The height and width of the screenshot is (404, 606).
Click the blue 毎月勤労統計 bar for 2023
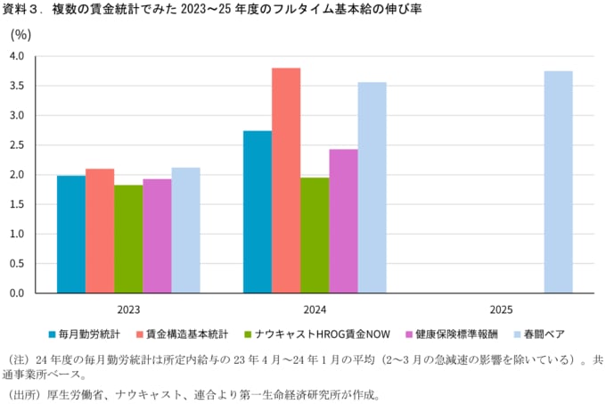71,234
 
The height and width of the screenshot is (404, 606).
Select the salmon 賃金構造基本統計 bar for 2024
286,180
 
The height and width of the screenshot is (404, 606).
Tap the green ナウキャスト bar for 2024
315,235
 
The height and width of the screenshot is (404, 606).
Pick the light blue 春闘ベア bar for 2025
558,182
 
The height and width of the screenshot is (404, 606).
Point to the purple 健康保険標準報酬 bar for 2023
157,235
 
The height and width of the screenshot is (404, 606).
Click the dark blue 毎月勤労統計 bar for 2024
258,211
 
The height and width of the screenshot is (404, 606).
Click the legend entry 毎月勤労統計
89,334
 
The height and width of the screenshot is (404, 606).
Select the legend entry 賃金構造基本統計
186,334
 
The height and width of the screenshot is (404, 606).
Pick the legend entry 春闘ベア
545,334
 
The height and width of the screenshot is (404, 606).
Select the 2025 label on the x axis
501,309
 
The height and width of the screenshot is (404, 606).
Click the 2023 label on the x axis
128,309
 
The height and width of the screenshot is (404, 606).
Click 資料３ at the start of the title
23,10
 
